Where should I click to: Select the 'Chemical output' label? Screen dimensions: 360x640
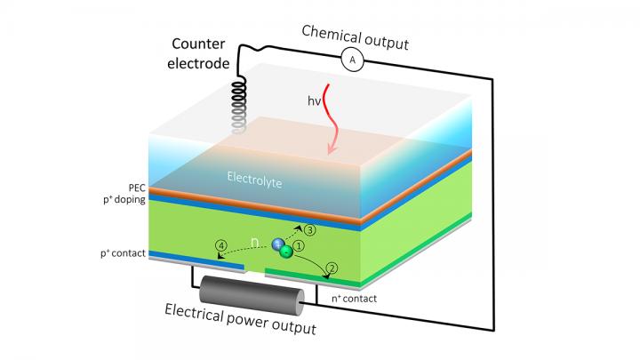[354, 33]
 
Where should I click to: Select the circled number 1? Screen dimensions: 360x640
[300, 246]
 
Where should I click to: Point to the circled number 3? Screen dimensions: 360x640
[311, 228]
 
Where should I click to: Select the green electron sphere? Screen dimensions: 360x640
[286, 252]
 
